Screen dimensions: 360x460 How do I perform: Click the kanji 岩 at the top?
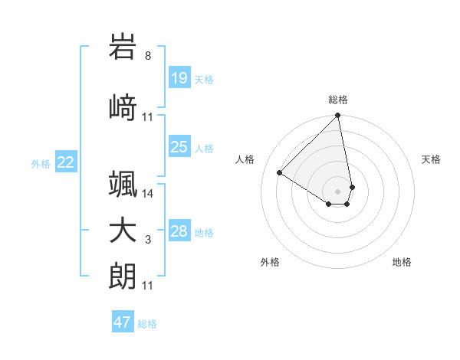123,47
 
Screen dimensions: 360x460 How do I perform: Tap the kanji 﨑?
123,107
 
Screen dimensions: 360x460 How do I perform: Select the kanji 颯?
123,184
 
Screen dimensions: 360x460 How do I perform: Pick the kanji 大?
123,231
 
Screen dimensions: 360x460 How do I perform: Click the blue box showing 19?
179,78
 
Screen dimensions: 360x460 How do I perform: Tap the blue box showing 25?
179,147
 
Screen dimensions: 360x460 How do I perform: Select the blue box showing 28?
179,231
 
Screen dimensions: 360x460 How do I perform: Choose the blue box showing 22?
65,162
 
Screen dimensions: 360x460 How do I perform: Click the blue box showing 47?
122,322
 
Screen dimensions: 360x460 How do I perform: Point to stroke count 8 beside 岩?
148,56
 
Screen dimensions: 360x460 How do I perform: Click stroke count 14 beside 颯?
148,194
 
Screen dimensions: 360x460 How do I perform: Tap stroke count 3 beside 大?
148,240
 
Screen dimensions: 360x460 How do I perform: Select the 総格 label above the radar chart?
338,100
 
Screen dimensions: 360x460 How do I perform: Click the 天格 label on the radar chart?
431,159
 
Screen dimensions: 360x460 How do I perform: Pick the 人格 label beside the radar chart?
245,159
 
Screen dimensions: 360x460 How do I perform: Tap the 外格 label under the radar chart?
270,262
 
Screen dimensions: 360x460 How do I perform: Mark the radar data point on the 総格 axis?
338,116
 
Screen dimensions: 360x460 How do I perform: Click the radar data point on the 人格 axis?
280,173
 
